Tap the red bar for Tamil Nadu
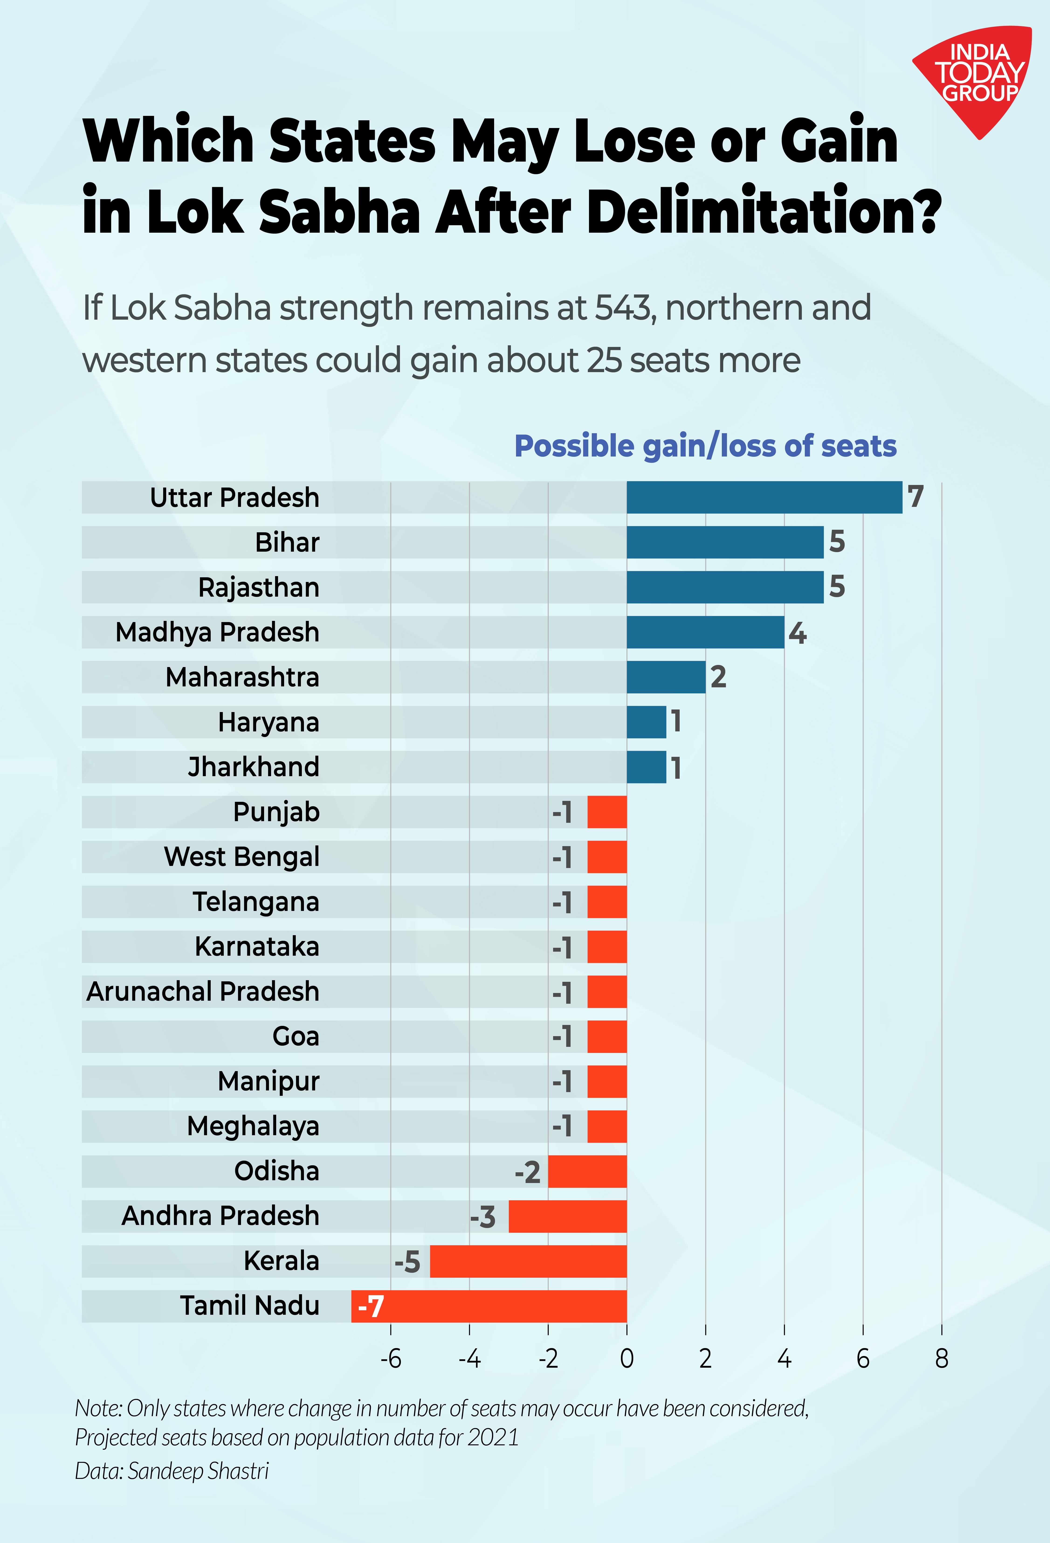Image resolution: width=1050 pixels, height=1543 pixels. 489,1306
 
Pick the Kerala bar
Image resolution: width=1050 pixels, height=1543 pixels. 528,1261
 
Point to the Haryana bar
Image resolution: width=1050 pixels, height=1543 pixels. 647,722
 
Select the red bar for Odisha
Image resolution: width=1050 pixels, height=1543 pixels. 587,1171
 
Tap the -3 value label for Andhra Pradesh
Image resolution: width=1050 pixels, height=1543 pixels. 483,1217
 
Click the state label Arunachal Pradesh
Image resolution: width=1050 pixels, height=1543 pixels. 203,991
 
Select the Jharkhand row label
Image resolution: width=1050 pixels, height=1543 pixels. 254,767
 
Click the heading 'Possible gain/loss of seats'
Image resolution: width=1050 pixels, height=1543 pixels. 706,446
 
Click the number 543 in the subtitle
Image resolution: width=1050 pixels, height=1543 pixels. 623,307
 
